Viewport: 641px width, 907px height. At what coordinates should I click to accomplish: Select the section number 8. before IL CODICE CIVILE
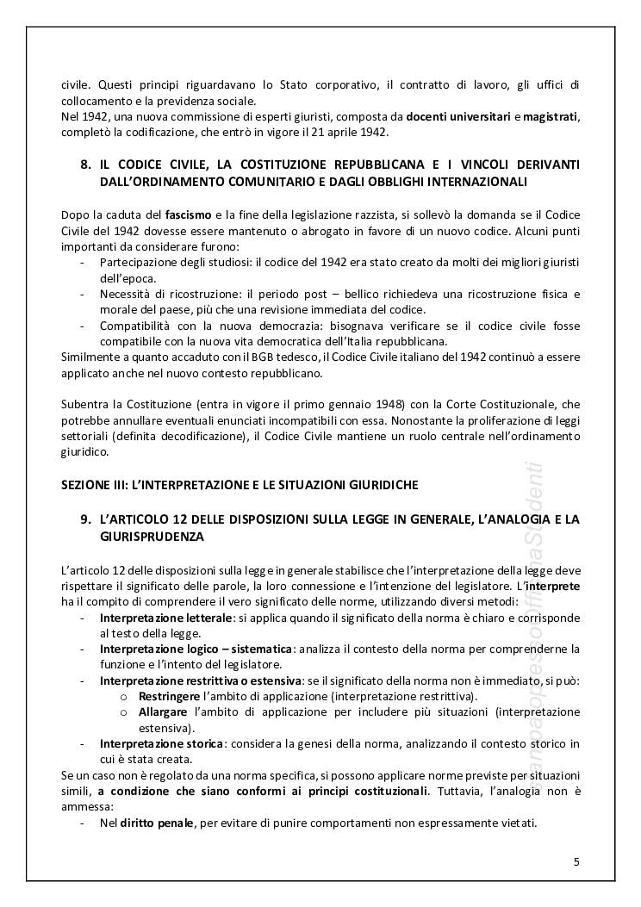pyautogui.click(x=84, y=164)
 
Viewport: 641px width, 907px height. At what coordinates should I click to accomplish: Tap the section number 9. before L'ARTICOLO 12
pyautogui.click(x=84, y=519)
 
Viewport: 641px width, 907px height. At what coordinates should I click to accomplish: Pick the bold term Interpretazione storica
pyautogui.click(x=150, y=742)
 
